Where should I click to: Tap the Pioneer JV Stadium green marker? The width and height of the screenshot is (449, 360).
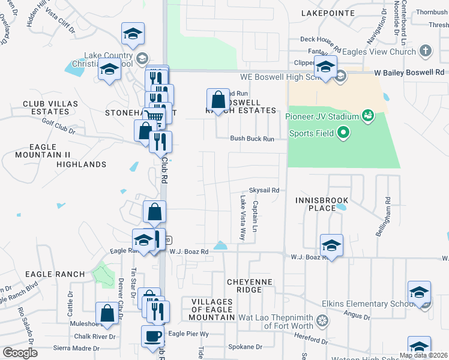tap(368, 115)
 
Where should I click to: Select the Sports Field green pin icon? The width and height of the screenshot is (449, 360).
tap(343, 132)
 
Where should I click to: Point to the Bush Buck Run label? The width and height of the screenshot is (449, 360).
tap(252, 139)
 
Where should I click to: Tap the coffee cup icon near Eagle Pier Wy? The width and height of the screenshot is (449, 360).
tap(152, 336)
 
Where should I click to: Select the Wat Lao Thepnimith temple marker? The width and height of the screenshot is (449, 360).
tap(323, 320)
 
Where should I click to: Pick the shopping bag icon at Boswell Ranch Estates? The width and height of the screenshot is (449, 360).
tap(218, 100)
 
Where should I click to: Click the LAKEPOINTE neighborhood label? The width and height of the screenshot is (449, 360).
tap(324, 12)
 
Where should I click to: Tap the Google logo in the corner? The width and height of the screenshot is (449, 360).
tap(20, 353)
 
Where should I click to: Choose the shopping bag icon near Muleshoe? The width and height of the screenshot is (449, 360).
tap(107, 313)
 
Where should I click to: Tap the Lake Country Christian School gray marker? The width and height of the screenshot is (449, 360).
tap(142, 59)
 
